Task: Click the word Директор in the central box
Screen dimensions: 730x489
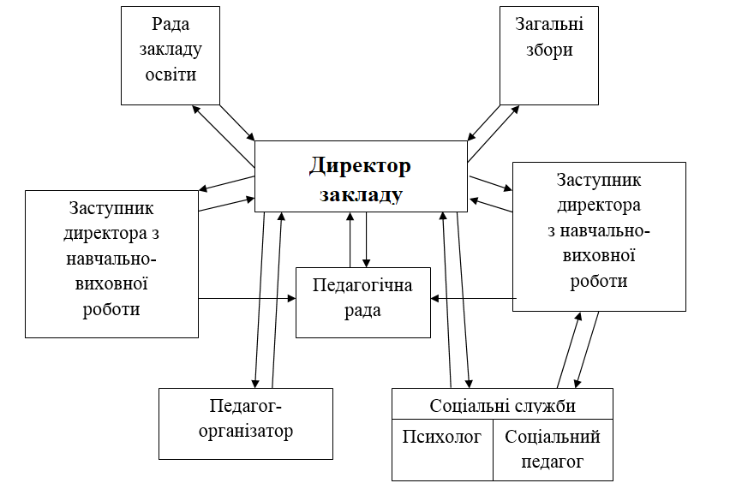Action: tap(360, 166)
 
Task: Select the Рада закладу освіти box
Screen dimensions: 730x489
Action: tap(171, 56)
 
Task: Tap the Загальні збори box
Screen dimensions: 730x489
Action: tap(549, 56)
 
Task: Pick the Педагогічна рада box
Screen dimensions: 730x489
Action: tap(363, 302)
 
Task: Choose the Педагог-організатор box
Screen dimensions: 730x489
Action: tap(246, 424)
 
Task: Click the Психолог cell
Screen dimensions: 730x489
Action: tap(442, 450)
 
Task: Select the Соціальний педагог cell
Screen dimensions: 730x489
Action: tap(553, 450)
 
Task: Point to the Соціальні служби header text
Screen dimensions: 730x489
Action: tap(502, 406)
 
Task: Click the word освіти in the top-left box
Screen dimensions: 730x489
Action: tap(171, 75)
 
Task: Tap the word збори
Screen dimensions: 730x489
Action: tap(549, 50)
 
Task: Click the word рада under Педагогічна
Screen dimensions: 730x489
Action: tap(362, 310)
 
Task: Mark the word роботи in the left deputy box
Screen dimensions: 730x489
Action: tap(111, 309)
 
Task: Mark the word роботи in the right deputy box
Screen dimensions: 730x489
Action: tap(599, 281)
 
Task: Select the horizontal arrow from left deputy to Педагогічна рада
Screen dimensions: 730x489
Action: tap(248, 298)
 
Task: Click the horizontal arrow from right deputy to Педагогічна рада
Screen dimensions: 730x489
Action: tap(474, 298)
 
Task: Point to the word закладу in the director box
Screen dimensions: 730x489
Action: tap(361, 195)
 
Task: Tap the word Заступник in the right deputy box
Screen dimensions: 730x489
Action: tap(599, 180)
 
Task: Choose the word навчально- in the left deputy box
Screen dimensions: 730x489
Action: tap(111, 259)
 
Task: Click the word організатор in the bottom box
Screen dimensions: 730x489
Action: tap(246, 432)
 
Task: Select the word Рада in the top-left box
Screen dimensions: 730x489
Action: tap(171, 24)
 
